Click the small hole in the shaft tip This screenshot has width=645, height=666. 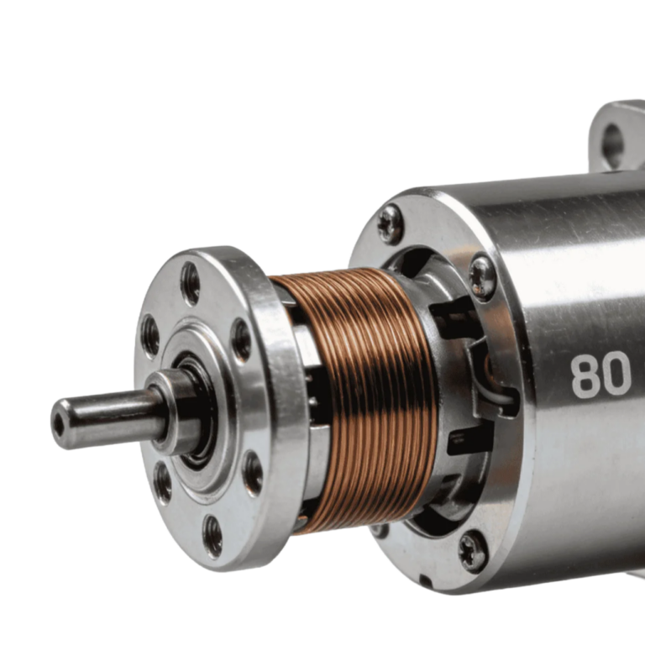click(x=59, y=423)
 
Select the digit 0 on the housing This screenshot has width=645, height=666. click(x=616, y=375)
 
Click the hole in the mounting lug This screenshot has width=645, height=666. click(x=613, y=140)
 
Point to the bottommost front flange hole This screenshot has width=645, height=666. click(x=212, y=537)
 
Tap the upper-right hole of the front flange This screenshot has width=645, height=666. click(x=242, y=341)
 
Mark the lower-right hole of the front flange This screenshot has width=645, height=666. click(x=253, y=473)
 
